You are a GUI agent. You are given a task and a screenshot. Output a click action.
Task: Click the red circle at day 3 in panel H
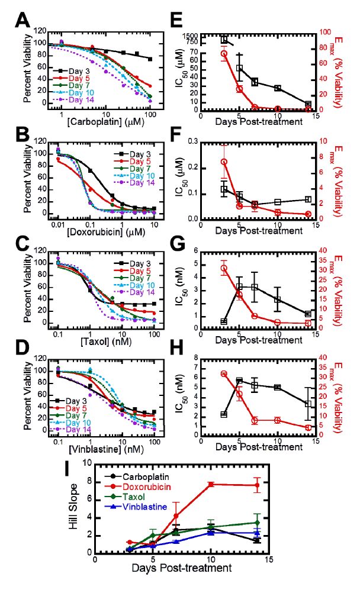224,374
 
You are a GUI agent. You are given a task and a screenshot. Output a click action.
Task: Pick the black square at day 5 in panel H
239,381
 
